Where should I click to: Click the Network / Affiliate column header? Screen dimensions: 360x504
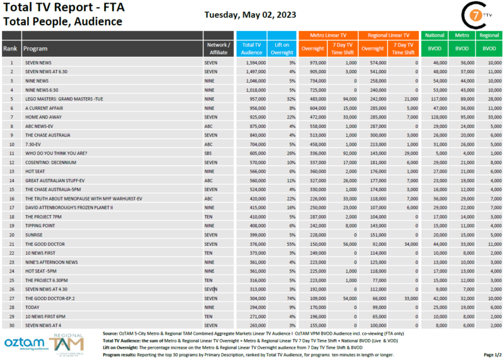pyautogui.click(x=219, y=49)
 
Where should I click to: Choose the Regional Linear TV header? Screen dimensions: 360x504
pyautogui.click(x=389, y=36)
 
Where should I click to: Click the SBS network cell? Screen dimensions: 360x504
pyautogui.click(x=209, y=153)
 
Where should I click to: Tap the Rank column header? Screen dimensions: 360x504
pyautogui.click(x=11, y=49)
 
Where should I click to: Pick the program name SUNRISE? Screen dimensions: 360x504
pyautogui.click(x=34, y=235)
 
